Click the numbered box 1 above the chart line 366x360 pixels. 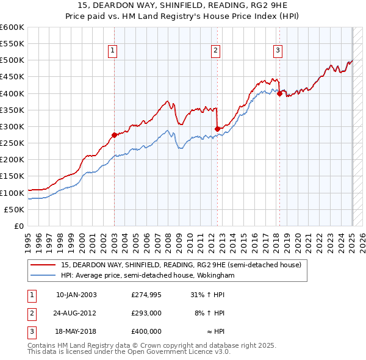coord(114,51)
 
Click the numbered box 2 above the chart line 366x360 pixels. coord(216,51)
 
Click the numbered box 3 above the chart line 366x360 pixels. coord(278,51)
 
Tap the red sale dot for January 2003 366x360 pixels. coord(114,135)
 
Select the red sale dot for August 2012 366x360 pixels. coord(217,129)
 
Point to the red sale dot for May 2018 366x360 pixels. coord(279,93)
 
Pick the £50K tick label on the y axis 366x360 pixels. coord(15,209)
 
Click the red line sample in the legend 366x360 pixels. coord(42,265)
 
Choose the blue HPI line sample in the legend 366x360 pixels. coord(42,276)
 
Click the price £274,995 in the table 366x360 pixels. coord(146,295)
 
